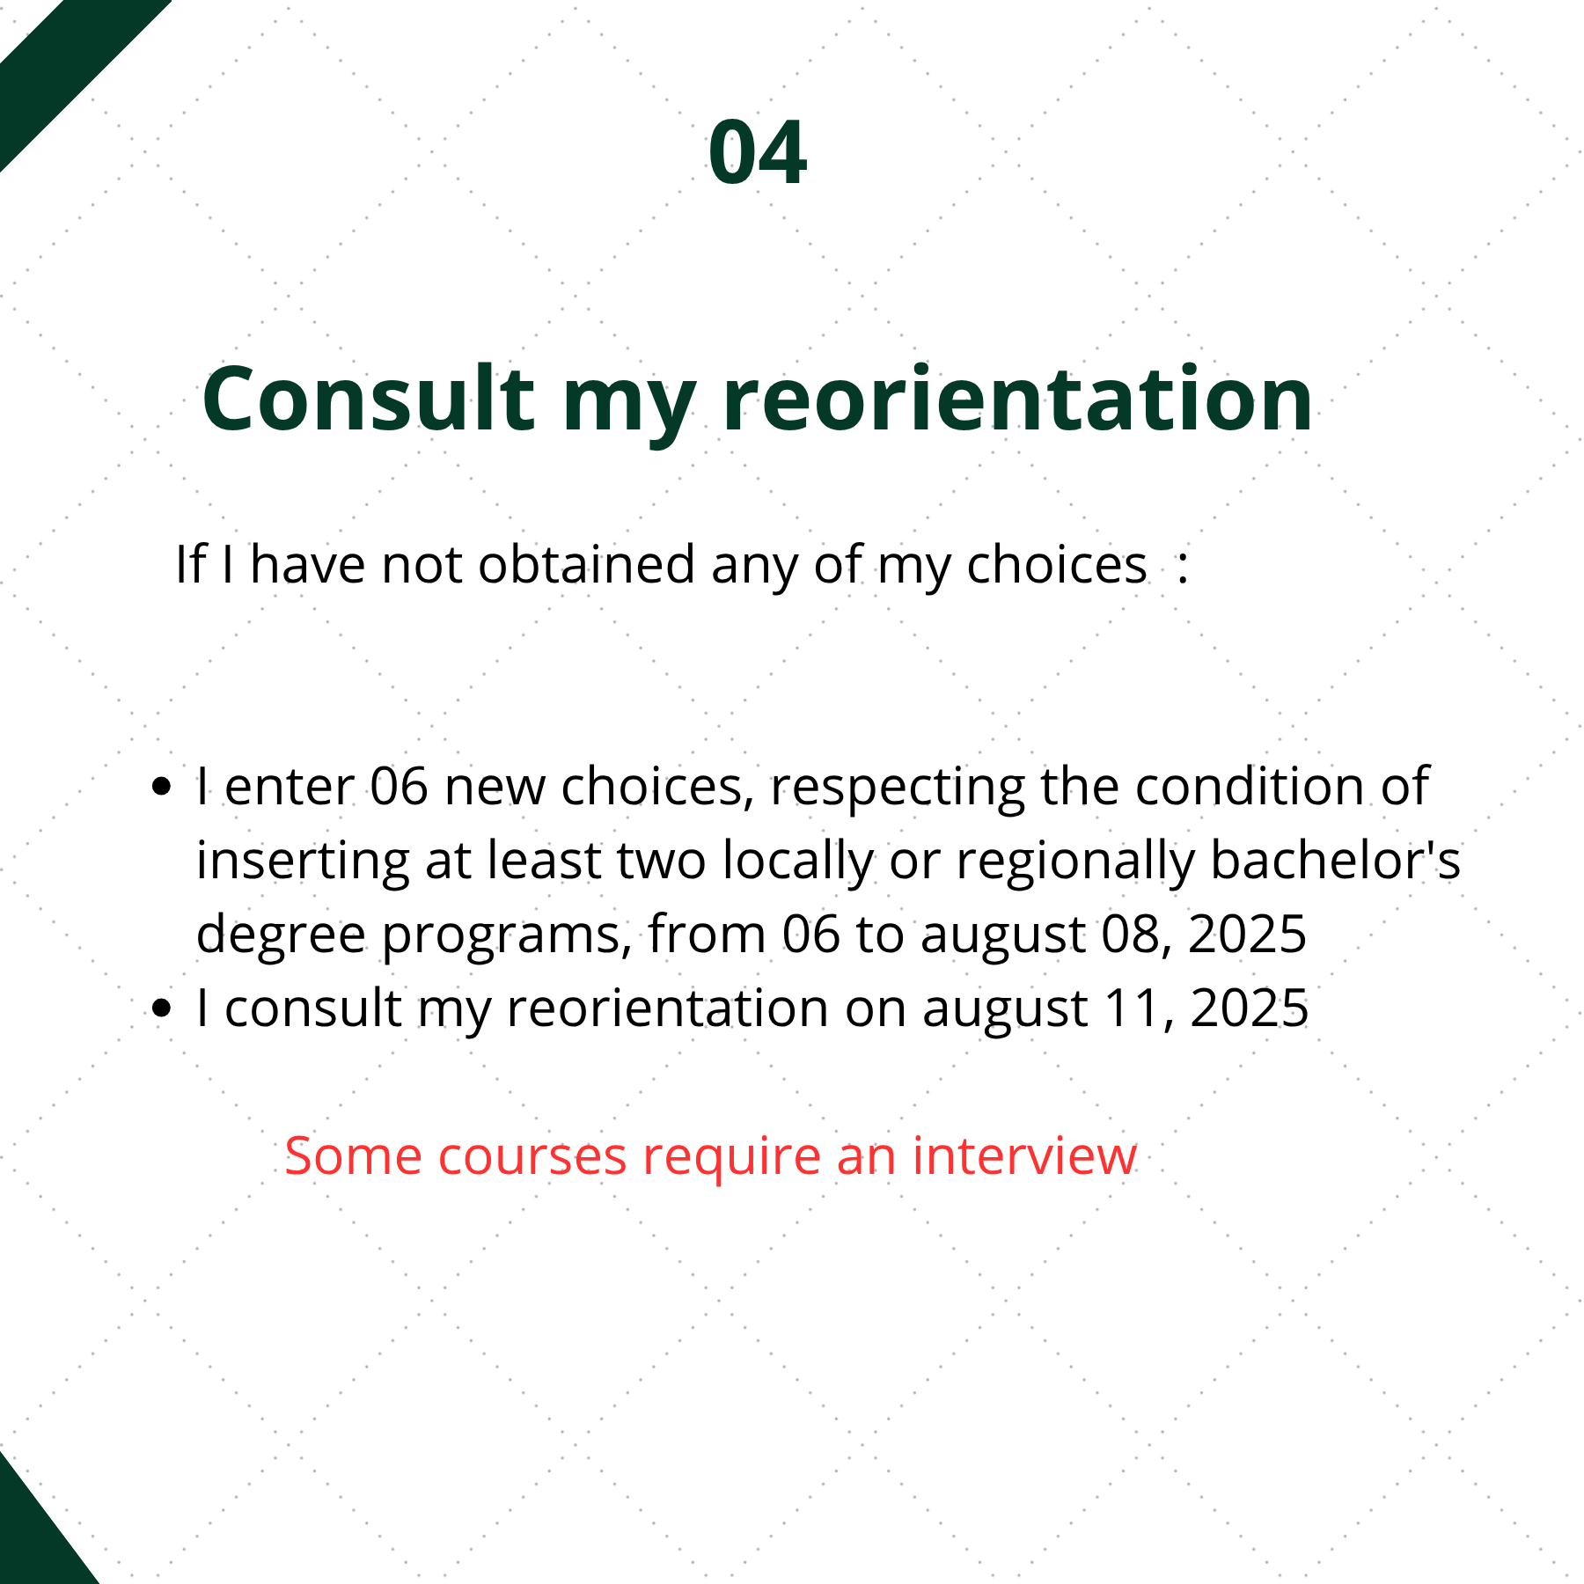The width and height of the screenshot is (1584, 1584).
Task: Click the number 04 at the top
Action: [758, 153]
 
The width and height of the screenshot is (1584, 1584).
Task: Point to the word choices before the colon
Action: [1057, 564]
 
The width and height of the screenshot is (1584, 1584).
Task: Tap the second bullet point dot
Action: [161, 1008]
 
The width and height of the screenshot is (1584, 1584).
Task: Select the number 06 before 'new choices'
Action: [399, 786]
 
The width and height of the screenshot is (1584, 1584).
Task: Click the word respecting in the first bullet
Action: [897, 788]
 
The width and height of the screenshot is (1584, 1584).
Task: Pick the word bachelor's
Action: [1335, 860]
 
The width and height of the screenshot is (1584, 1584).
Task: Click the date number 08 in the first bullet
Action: [1137, 935]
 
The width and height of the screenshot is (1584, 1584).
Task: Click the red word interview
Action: [1024, 1155]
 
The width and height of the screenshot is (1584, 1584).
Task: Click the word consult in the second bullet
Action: [313, 1008]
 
